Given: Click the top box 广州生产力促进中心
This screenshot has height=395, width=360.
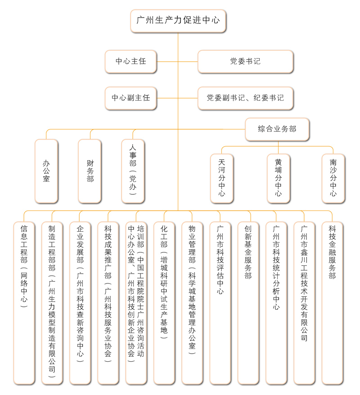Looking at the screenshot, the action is [x=178, y=21].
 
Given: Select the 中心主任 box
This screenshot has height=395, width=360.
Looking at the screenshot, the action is [x=131, y=62].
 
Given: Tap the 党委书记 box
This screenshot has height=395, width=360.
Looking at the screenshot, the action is [x=245, y=62].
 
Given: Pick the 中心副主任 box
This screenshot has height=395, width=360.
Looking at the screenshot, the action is [x=131, y=98].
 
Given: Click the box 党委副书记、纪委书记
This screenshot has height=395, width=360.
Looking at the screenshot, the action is [x=245, y=98].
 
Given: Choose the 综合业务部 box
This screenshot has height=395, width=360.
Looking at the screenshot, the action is [x=277, y=129].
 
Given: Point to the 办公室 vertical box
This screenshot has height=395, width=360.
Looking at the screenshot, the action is [x=46, y=171].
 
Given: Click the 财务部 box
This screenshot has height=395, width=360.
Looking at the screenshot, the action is [x=90, y=171].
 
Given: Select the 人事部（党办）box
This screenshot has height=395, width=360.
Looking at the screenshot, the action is [x=133, y=171].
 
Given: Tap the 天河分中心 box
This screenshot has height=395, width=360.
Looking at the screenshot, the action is [x=222, y=178].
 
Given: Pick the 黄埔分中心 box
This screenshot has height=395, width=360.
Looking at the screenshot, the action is [x=279, y=178].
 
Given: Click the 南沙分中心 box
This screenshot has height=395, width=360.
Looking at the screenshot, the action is [x=333, y=178].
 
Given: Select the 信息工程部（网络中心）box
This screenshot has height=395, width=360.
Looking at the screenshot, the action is [x=24, y=303].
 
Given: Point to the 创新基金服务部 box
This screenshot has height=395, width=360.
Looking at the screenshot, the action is [x=248, y=303].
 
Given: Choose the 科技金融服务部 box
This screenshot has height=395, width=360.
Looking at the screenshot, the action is [x=332, y=303].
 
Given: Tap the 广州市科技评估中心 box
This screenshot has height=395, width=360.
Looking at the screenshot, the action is [x=220, y=303].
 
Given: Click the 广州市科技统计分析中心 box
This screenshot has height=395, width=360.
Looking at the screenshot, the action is [x=276, y=303].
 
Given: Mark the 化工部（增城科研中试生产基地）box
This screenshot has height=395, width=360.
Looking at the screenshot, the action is [x=164, y=303].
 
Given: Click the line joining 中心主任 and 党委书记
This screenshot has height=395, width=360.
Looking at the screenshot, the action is [x=177, y=62].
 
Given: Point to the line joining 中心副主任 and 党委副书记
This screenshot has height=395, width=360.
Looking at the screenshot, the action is [x=177, y=98].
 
